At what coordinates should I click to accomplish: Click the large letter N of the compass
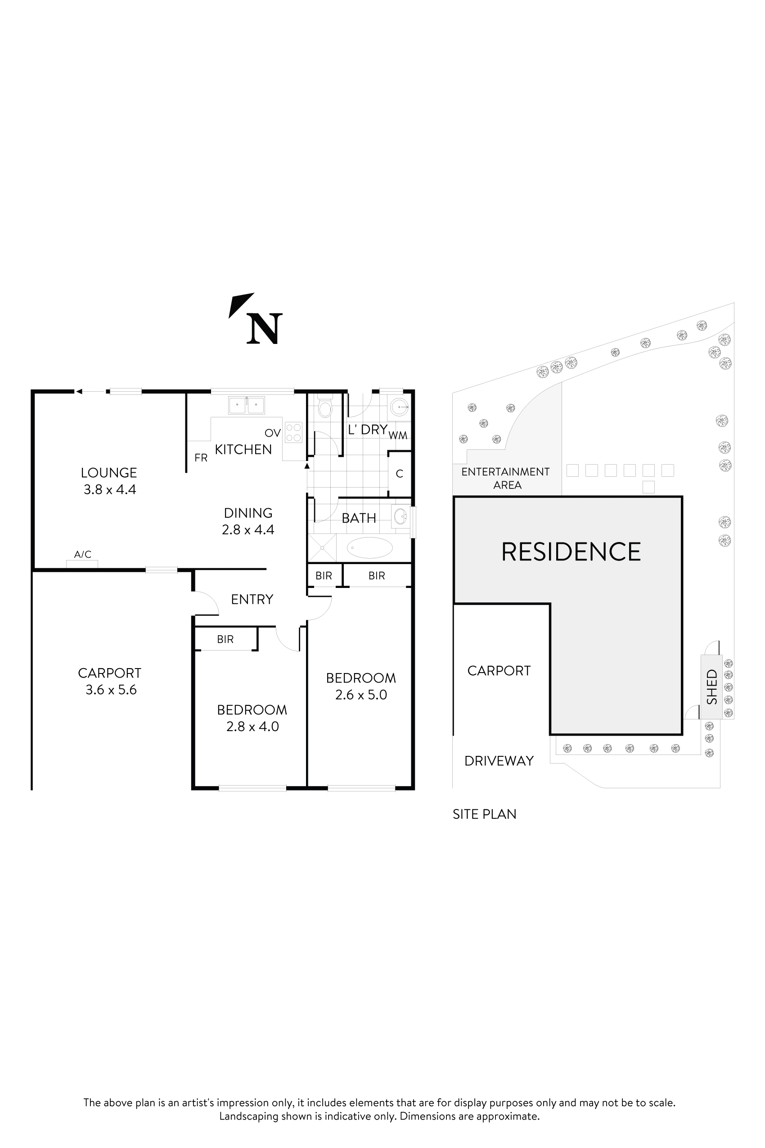coord(265,329)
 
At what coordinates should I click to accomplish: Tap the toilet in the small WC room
coord(324,407)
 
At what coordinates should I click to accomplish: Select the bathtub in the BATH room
coord(369,547)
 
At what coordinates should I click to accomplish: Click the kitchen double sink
coord(247,405)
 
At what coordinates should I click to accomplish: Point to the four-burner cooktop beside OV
coord(294,432)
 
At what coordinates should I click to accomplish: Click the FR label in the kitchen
coord(201,458)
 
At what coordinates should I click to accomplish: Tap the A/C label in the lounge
coord(82,555)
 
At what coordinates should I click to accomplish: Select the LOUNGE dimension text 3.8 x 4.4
coord(110,489)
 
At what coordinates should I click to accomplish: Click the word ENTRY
coord(252,599)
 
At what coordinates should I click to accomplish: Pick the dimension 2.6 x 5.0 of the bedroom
coord(361,695)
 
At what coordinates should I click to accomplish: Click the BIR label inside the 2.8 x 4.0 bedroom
coord(225,639)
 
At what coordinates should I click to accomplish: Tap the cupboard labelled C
coord(400,474)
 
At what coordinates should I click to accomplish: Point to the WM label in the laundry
coord(398,436)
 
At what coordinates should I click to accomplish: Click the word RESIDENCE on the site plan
coord(571,552)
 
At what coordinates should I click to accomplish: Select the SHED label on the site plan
coord(712,687)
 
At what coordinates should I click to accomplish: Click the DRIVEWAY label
coord(499,761)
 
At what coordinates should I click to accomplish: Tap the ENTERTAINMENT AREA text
coord(506,478)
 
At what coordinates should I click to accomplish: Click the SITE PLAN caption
coord(485,814)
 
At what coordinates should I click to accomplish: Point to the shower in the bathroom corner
coord(323,547)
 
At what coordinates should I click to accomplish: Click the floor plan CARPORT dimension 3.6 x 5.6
coord(111,690)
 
